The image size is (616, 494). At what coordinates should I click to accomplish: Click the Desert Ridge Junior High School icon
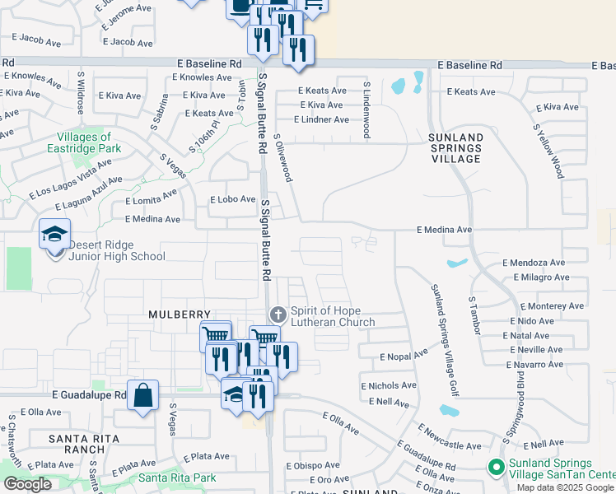[55, 234]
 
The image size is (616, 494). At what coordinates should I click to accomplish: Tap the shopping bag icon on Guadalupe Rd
[143, 396]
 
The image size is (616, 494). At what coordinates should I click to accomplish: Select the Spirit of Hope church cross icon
[278, 315]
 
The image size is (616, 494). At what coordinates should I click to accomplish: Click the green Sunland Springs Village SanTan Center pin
[496, 468]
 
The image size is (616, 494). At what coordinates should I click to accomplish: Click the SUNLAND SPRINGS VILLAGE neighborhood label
[455, 147]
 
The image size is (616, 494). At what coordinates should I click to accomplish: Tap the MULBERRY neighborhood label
[175, 315]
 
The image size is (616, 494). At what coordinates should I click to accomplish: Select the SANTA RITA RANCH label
[77, 444]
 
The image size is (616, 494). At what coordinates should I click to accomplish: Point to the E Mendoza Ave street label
[534, 263]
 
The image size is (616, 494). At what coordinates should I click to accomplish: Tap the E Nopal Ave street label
[404, 355]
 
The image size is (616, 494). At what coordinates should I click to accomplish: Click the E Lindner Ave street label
[317, 119]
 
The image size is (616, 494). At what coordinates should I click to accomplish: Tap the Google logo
[27, 484]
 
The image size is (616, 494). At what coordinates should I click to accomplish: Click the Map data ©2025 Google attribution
[566, 487]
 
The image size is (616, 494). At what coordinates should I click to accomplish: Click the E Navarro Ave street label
[534, 363]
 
